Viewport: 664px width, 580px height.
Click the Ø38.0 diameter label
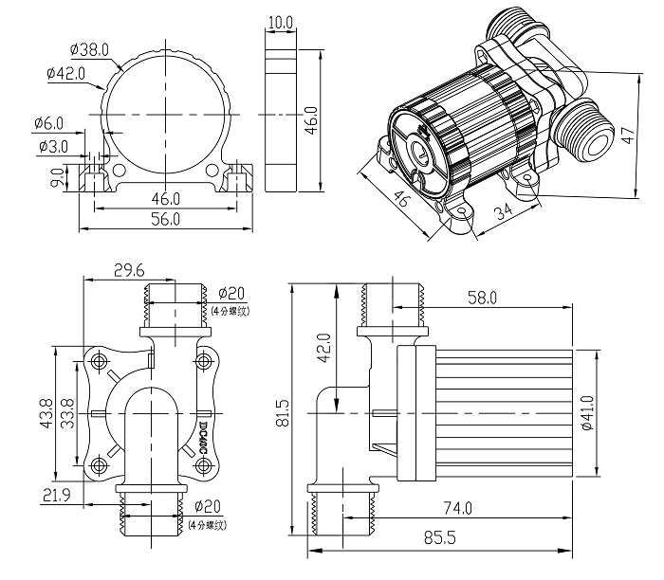(90, 48)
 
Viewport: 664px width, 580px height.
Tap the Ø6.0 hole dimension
(48, 123)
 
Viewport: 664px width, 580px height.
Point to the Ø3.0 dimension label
(52, 147)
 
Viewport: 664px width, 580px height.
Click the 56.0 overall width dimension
(165, 219)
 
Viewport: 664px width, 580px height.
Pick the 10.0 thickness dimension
(281, 21)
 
